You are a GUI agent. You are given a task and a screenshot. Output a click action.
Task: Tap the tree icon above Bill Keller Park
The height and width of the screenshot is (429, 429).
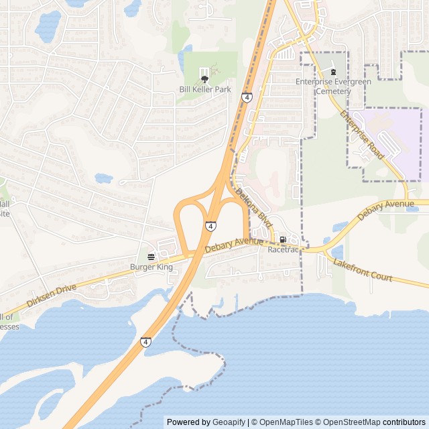tap(204, 80)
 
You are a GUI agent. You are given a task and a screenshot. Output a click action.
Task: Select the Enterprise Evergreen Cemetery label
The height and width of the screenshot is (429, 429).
tap(332, 86)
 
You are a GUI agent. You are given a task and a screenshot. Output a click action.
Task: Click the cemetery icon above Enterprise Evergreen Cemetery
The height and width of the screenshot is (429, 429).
tap(333, 72)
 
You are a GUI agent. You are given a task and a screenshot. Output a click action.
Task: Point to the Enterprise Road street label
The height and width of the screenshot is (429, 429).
tap(361, 135)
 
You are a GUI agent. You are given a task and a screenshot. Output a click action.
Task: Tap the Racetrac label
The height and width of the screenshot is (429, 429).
tap(282, 249)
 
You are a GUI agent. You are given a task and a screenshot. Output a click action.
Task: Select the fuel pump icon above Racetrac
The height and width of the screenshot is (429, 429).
tap(283, 239)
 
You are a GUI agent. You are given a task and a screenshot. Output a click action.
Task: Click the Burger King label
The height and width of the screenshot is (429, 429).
tap(151, 267)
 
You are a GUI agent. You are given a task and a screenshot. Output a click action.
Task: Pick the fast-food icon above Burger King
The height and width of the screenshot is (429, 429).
tap(151, 256)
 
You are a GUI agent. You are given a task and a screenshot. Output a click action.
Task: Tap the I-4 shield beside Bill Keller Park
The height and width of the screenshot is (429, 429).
tap(247, 98)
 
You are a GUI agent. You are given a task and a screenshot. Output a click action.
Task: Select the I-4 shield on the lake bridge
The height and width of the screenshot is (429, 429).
tap(145, 343)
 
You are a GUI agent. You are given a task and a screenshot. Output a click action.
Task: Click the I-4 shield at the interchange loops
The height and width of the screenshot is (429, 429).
tap(210, 227)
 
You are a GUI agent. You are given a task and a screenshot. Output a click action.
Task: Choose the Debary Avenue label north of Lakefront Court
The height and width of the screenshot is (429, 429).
tap(386, 210)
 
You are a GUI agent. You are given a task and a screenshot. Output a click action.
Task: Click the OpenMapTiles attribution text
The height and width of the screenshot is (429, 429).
tap(285, 422)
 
